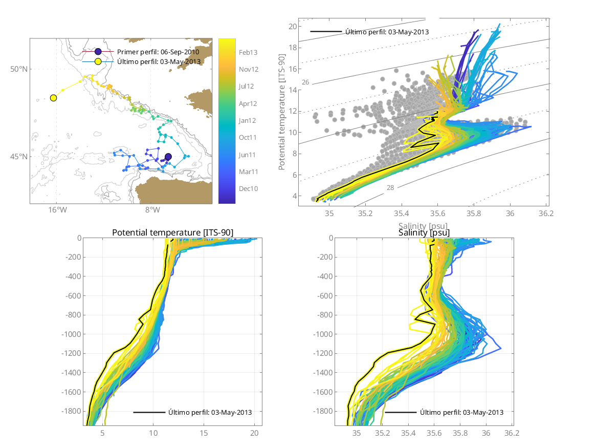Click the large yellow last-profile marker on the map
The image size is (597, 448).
pos(53,98)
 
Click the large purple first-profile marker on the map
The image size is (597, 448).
pos(168,157)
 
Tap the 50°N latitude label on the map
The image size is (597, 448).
pos(18,69)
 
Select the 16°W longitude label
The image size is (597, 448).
pos(56,210)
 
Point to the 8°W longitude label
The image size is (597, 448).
pos(152,210)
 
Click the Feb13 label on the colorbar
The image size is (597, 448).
pos(248,52)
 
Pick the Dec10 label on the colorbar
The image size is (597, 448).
pos(248,188)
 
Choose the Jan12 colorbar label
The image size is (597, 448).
pos(248,120)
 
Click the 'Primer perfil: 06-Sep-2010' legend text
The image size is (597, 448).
pos(158,52)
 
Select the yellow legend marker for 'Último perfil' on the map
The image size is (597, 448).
pos(98,61)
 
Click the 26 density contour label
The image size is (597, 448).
pos(305,82)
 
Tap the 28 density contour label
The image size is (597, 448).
pos(390,188)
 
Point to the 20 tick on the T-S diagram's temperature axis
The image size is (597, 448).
pos(294,26)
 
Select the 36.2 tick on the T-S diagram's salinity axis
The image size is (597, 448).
pos(546,213)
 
